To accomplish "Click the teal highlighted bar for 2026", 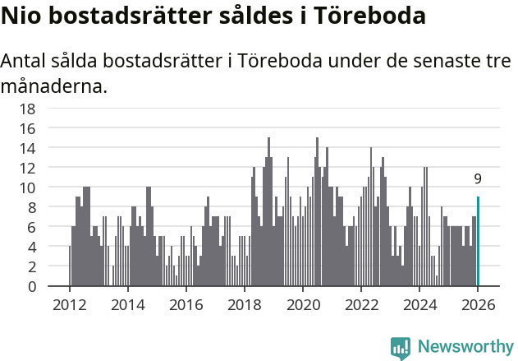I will (478, 242).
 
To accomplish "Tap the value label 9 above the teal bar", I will (478, 178).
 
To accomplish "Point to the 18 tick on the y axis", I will (27, 109).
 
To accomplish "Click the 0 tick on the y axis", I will (30, 287).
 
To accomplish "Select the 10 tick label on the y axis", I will (27, 187).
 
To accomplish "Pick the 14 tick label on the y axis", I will (27, 148).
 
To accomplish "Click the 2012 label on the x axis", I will (69, 304).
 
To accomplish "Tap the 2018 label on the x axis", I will (244, 304).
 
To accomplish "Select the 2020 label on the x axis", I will (303, 304).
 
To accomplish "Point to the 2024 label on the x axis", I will (419, 304).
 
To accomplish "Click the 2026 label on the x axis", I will (478, 304).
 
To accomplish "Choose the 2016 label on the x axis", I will (186, 304).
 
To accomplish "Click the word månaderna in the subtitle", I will (54, 86).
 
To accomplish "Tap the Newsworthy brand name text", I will (465, 347).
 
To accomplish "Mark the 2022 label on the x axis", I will (361, 304).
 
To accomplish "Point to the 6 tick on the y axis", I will (30, 228).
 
